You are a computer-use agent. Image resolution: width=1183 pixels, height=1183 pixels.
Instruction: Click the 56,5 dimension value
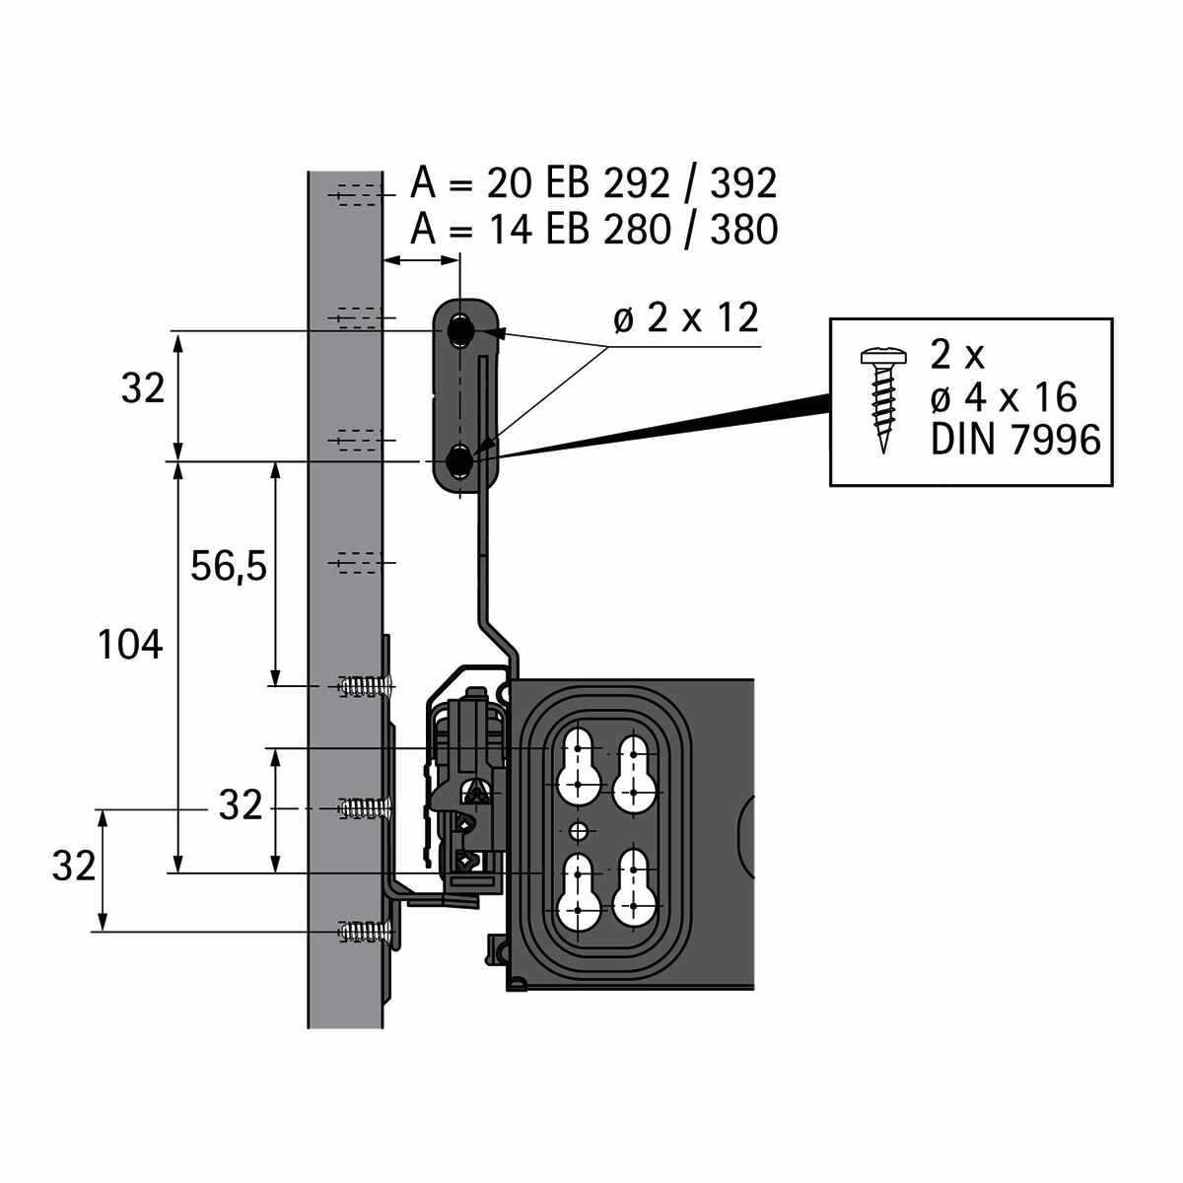pyautogui.click(x=229, y=567)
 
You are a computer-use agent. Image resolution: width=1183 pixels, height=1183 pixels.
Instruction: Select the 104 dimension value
pyautogui.click(x=129, y=646)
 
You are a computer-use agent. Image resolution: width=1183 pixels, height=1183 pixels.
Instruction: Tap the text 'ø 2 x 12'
pyautogui.click(x=686, y=318)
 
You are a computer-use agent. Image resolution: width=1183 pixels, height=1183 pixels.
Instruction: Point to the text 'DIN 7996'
pyautogui.click(x=1015, y=440)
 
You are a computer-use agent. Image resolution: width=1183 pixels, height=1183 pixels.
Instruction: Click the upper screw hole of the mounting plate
pyautogui.click(x=460, y=331)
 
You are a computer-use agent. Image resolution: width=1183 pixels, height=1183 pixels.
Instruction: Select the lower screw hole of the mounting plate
pyautogui.click(x=460, y=460)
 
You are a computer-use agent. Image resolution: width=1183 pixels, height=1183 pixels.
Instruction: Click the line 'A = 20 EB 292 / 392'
pyautogui.click(x=593, y=183)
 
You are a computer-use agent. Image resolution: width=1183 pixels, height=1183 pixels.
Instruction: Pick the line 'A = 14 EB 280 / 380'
pyautogui.click(x=593, y=229)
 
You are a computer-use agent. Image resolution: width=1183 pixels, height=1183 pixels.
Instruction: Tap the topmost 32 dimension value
pyautogui.click(x=143, y=389)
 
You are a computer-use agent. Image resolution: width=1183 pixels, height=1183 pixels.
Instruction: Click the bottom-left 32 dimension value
pyautogui.click(x=74, y=867)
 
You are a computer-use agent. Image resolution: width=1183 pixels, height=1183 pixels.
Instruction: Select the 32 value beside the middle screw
pyautogui.click(x=241, y=806)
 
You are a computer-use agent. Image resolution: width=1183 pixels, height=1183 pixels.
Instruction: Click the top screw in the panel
pyautogui.click(x=366, y=684)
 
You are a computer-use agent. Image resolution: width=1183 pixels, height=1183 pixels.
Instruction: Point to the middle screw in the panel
pyautogui.click(x=366, y=808)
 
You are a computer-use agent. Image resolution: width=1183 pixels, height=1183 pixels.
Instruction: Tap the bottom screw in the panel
pyautogui.click(x=366, y=931)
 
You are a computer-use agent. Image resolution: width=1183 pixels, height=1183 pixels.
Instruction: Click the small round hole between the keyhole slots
pyautogui.click(x=579, y=829)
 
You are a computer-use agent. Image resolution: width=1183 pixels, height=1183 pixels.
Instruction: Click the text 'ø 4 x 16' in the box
pyautogui.click(x=1004, y=397)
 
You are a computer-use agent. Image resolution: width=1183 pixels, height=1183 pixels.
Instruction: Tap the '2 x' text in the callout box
pyautogui.click(x=957, y=355)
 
